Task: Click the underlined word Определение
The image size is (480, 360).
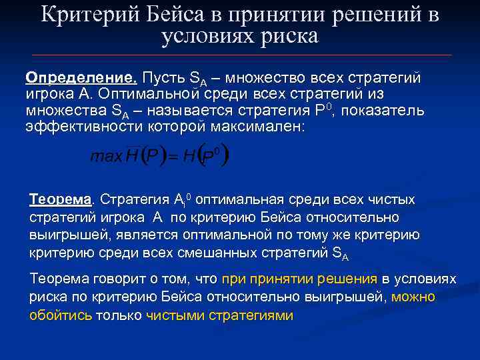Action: tap(63, 78)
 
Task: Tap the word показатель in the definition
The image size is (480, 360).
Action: tap(383, 109)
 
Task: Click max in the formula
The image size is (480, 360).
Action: tap(105, 157)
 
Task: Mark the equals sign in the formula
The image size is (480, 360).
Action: tap(171, 158)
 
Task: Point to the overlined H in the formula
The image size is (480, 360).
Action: tap(131, 156)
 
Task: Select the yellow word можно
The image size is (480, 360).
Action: tap(413, 297)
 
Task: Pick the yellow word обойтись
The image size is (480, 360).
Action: tap(61, 315)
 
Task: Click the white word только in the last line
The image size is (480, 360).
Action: tap(119, 315)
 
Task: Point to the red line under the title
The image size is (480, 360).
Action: tap(240, 55)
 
